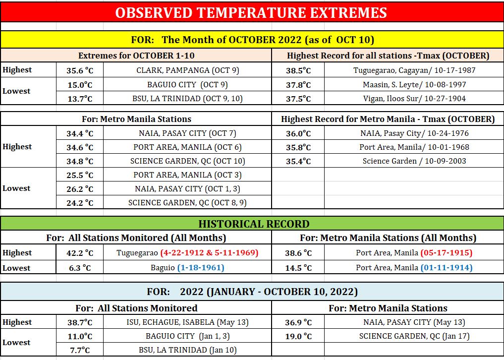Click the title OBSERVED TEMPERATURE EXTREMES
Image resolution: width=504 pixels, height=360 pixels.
[x=251, y=12]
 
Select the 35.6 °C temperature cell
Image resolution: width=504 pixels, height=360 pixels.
[x=80, y=70]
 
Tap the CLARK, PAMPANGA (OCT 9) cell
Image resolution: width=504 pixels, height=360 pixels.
[x=188, y=70]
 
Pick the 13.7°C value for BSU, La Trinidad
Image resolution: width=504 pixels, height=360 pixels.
[x=80, y=99]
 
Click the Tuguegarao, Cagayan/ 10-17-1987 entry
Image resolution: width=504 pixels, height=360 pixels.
[x=414, y=70]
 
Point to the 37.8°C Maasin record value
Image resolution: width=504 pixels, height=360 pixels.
[x=298, y=85]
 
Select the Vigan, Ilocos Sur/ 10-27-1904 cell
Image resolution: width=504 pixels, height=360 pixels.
[x=414, y=99]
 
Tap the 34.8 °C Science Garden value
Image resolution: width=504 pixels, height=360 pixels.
[x=80, y=161]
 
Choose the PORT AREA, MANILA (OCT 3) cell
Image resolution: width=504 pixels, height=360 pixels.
[x=187, y=175]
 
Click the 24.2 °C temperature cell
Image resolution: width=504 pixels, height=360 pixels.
[x=80, y=203]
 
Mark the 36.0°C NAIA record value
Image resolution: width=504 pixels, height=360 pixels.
[x=298, y=133]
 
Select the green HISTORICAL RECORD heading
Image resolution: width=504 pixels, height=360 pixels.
[x=254, y=224]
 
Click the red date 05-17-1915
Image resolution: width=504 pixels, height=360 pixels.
[x=447, y=253]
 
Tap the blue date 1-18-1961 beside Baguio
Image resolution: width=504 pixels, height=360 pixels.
[x=201, y=268]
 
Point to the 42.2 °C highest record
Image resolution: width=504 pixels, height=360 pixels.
[x=80, y=253]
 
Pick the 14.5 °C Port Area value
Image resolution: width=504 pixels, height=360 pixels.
[x=298, y=268]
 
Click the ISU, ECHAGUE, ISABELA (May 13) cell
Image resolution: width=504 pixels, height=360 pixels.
[x=187, y=322]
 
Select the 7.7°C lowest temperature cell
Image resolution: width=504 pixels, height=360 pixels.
[x=80, y=350]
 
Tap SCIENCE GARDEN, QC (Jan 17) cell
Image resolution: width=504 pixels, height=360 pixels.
[x=414, y=336]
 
